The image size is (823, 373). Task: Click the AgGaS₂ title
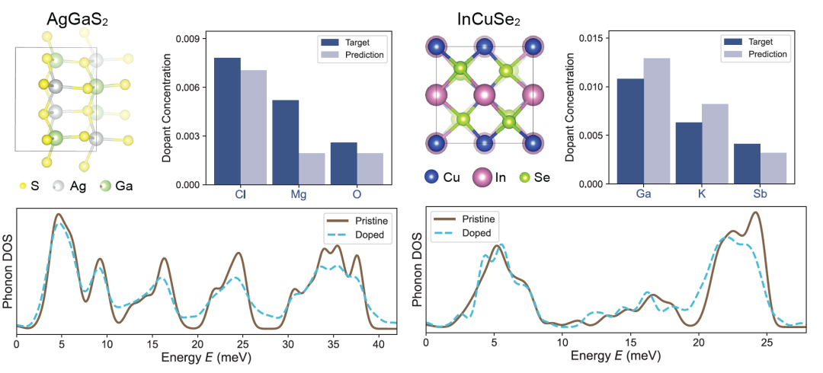75,18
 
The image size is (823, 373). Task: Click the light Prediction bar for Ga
656,121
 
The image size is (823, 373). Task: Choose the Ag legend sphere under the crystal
58,185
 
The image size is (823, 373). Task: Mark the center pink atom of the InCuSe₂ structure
484,97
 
